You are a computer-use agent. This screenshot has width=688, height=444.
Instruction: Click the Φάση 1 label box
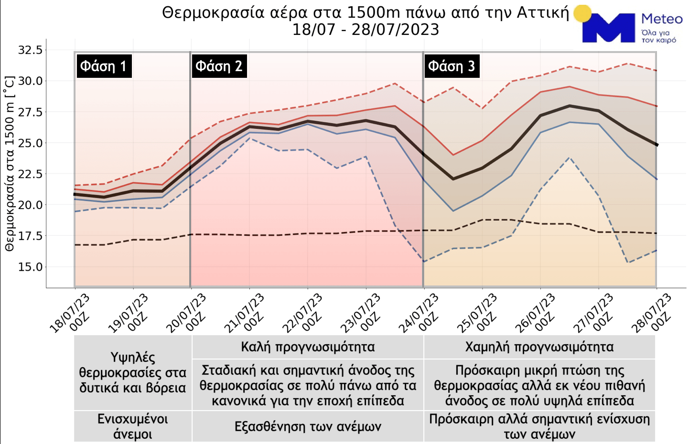(103, 66)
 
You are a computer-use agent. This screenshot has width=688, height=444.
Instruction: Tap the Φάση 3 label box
(451, 66)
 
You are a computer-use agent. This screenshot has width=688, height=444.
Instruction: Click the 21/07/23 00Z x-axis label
(246, 314)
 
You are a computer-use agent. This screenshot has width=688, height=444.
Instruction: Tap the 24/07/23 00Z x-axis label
(420, 314)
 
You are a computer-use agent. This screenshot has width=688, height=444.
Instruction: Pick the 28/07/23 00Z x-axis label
(653, 314)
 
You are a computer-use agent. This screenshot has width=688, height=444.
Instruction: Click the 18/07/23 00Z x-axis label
(71, 314)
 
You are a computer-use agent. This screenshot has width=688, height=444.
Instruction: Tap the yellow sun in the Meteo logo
(582, 13)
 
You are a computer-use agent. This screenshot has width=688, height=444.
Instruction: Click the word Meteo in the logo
(662, 19)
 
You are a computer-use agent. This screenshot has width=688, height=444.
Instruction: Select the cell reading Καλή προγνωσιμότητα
(308, 347)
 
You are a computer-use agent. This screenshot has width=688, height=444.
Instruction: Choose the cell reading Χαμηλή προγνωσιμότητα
(539, 347)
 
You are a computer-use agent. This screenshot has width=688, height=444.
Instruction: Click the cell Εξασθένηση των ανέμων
(308, 426)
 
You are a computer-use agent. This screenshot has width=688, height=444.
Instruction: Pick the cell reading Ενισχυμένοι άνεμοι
(133, 426)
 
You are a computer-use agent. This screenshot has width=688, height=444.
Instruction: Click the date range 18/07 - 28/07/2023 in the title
(365, 30)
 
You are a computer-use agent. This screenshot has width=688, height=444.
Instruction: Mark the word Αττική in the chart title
(543, 12)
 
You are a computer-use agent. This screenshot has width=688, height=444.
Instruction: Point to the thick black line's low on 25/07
(453, 179)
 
